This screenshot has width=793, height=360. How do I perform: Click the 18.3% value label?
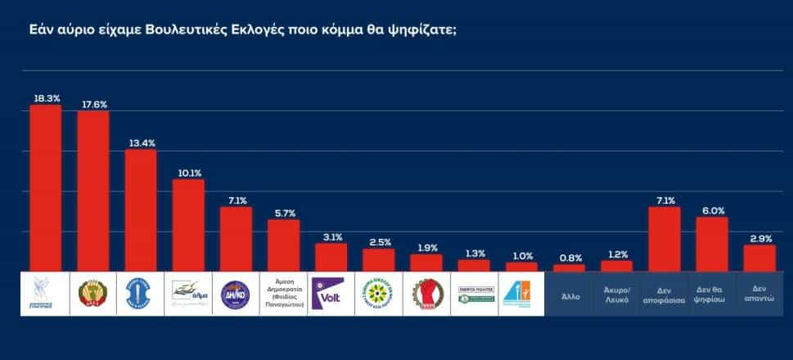click(x=46, y=98)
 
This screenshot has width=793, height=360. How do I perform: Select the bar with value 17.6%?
click(x=93, y=191)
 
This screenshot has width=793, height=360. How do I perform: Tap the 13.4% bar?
click(x=141, y=210)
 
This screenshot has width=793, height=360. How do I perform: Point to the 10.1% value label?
click(x=188, y=173)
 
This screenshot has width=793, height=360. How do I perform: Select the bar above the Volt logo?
click(x=331, y=257)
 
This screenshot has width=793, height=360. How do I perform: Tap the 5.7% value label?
click(x=284, y=213)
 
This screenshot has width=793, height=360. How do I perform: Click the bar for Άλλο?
click(x=570, y=268)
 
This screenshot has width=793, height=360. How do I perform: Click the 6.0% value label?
click(x=712, y=210)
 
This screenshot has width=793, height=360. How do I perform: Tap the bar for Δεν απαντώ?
click(x=759, y=258)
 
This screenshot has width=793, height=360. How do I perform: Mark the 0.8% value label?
click(x=570, y=258)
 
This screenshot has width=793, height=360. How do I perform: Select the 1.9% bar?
click(x=426, y=263)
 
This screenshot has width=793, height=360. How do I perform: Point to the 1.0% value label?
click(x=521, y=255)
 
